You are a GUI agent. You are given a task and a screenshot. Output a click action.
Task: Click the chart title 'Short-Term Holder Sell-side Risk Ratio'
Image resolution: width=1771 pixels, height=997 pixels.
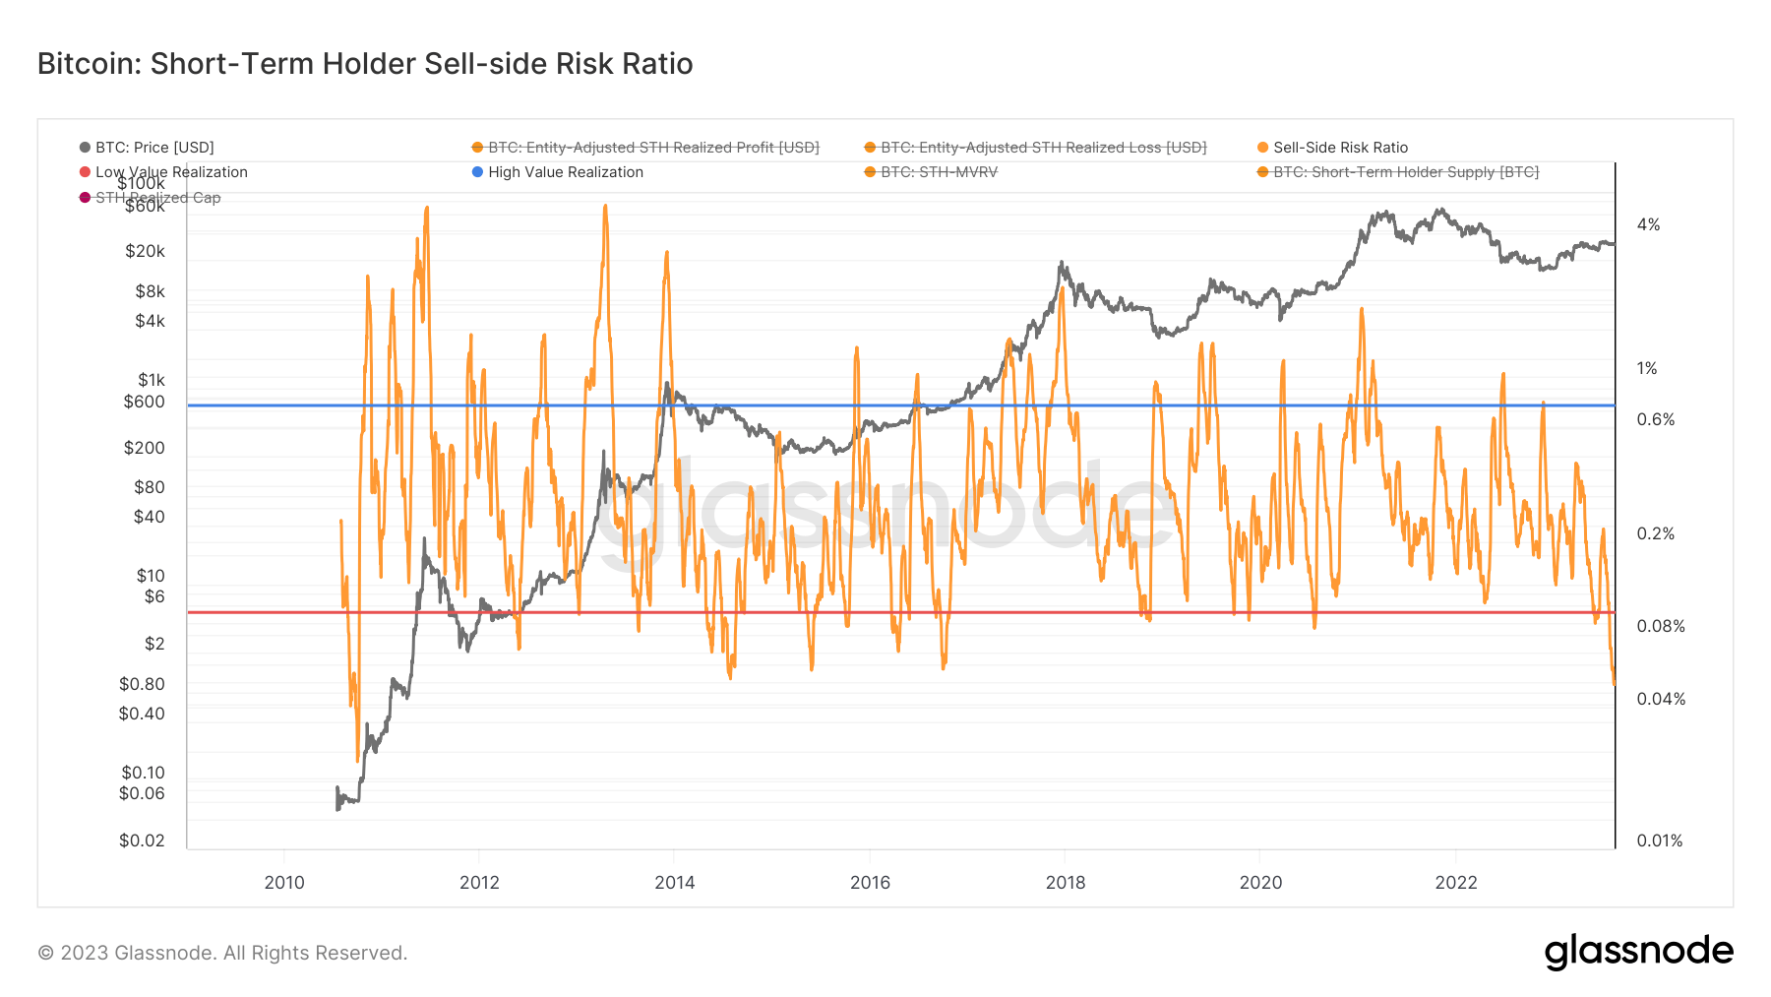point(365,64)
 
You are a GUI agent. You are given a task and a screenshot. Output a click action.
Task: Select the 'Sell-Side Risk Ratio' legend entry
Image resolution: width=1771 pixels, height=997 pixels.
point(1339,148)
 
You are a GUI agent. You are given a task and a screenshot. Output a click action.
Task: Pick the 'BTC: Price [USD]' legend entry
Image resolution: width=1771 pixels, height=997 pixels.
point(153,148)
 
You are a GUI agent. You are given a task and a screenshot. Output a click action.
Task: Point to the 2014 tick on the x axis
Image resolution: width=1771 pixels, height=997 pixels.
point(674,882)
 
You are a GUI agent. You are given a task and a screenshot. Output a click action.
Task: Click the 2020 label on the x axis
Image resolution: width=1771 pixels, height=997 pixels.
point(1260,882)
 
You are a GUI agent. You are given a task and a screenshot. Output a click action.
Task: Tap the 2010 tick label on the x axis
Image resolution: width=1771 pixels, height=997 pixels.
point(284,882)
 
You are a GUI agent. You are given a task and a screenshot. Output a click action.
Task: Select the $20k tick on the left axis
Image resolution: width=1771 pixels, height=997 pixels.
point(145,251)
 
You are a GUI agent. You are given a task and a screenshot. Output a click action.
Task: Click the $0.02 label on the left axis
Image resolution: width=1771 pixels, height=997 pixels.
point(142,841)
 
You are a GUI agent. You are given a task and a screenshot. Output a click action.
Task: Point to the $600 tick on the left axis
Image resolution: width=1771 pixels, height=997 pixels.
point(144,402)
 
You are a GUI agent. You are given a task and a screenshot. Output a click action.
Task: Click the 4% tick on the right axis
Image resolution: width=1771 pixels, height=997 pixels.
point(1648,225)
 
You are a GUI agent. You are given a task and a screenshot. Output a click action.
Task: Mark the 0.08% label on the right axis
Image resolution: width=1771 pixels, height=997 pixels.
point(1660,626)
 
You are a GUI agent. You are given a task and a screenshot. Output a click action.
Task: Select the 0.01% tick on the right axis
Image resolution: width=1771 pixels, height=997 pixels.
point(1659,841)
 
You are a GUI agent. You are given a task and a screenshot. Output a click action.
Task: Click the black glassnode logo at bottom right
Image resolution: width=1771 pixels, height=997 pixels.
point(1638,952)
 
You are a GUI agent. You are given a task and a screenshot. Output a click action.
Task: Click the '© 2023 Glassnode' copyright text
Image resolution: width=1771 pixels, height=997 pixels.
point(222,953)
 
